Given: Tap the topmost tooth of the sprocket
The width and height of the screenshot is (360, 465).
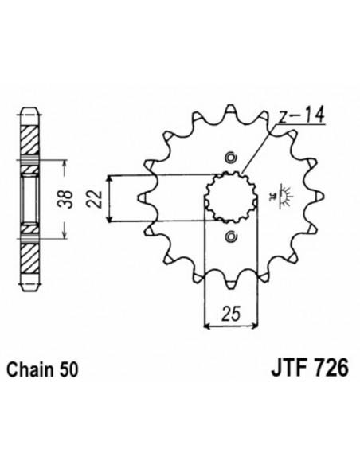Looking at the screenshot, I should coord(232,111).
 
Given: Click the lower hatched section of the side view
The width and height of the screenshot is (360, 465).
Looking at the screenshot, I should coord(28,254).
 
